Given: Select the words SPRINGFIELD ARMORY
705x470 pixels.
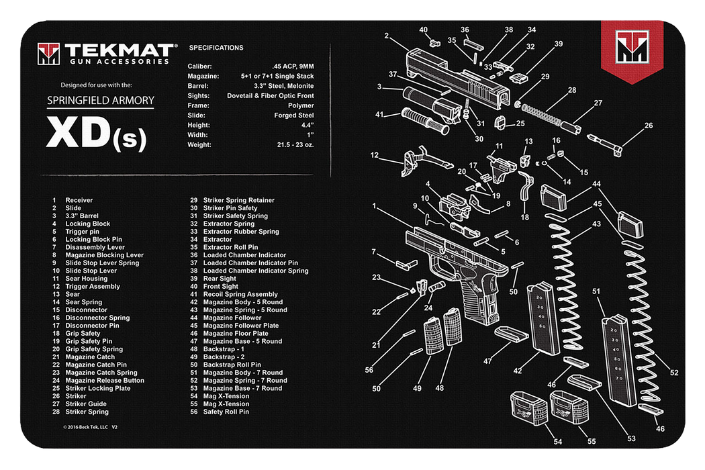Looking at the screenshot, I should pyautogui.click(x=100, y=101).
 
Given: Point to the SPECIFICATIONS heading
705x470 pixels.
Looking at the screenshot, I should pyautogui.click(x=216, y=48).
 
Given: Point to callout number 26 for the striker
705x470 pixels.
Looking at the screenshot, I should pyautogui.click(x=648, y=126).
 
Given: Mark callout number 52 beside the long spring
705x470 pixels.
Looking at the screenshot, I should pyautogui.click(x=674, y=373).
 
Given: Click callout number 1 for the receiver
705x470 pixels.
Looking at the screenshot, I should pyautogui.click(x=374, y=205).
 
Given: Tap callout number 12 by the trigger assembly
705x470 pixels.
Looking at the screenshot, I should pyautogui.click(x=375, y=156).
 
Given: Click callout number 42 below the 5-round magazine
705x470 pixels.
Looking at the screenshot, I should pyautogui.click(x=518, y=370).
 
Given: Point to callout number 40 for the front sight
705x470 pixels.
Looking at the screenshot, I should pyautogui.click(x=423, y=30).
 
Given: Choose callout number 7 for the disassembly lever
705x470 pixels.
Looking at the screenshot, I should pyautogui.click(x=373, y=252).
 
